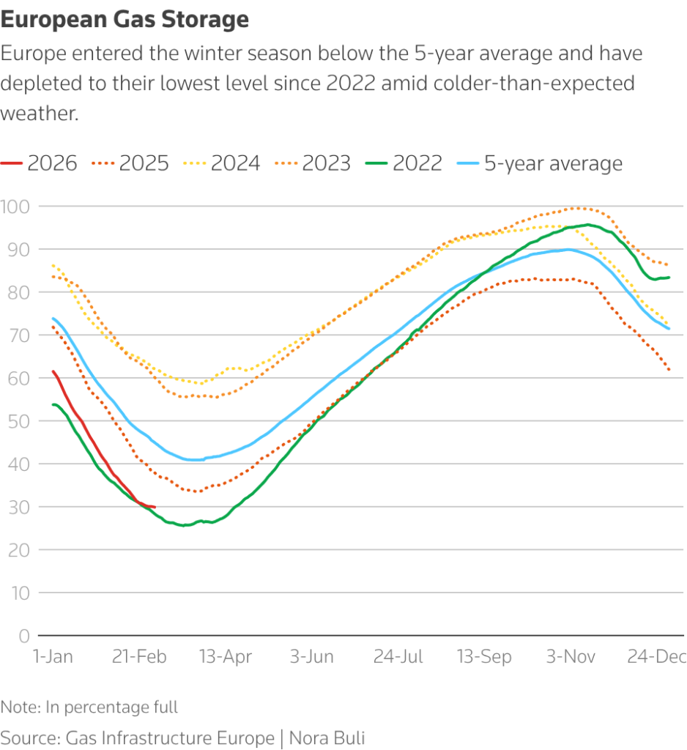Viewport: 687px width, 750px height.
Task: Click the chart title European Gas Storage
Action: coord(125,20)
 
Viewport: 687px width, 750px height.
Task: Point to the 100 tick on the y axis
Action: coord(15,207)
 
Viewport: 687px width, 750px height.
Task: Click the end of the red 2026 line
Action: coord(154,507)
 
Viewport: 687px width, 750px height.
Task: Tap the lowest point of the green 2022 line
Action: coord(183,525)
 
